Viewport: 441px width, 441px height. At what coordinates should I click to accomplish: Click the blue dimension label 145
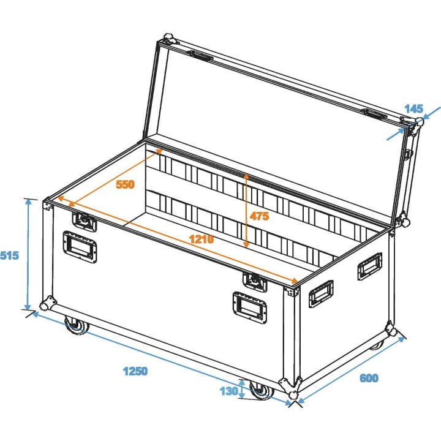(x=414, y=109)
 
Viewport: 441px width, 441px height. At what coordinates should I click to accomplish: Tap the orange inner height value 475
(x=259, y=216)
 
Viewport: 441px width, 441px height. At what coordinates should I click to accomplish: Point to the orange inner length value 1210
(x=201, y=239)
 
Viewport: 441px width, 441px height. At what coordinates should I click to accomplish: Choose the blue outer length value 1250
(x=135, y=371)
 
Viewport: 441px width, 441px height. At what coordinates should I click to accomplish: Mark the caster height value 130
(x=228, y=390)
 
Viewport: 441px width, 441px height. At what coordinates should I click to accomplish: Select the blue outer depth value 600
(x=369, y=379)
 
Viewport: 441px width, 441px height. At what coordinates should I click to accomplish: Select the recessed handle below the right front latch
(x=249, y=305)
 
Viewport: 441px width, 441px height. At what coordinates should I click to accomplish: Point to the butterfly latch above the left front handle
(x=84, y=221)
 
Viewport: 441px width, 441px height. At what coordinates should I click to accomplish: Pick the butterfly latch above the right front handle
(x=254, y=281)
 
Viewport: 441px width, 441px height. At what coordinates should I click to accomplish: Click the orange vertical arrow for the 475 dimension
(x=246, y=210)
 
